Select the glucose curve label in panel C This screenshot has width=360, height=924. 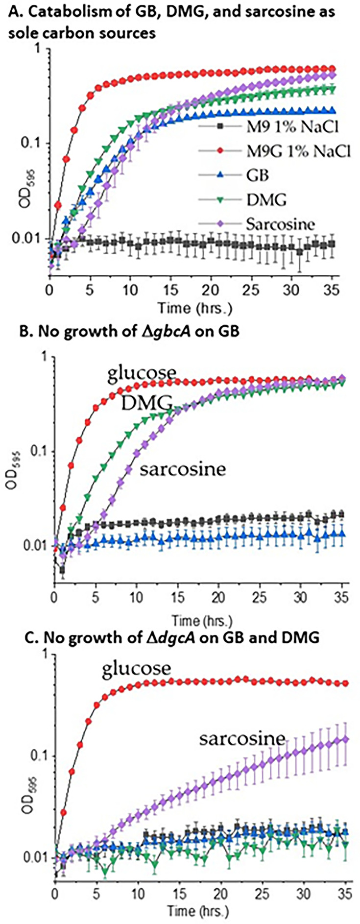pos(137,668)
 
